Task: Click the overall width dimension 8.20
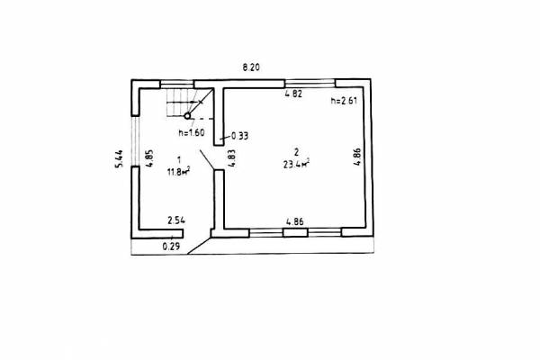[x=251, y=67]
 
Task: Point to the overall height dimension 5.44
[x=119, y=158]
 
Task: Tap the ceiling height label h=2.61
[x=344, y=101]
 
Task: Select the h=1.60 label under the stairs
[x=192, y=132]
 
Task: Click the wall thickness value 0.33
[x=239, y=136]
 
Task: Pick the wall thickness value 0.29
[x=171, y=247]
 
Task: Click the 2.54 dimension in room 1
[x=176, y=220]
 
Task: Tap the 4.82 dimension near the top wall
[x=293, y=94]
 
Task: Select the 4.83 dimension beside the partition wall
[x=231, y=158]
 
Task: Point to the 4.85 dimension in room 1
[x=149, y=158]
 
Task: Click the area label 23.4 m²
[x=296, y=165]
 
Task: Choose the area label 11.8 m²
[x=178, y=171]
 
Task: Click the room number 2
[x=296, y=151]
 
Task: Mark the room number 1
[x=179, y=159]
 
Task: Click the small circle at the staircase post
[x=187, y=116]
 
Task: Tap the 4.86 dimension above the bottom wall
[x=295, y=221]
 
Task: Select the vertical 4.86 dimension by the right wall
[x=357, y=157]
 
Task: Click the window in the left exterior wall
[x=135, y=141]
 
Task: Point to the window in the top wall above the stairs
[x=176, y=84]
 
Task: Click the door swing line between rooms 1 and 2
[x=207, y=159]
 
